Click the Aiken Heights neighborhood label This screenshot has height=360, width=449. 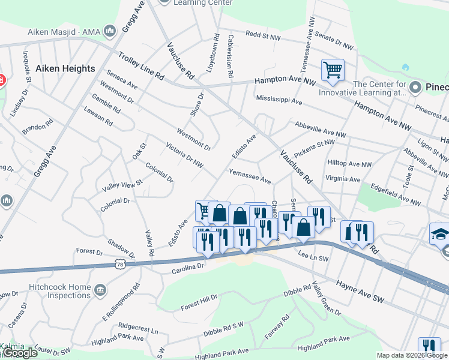65,68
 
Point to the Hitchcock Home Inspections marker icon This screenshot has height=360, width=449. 100,291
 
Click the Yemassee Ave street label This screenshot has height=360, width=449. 250,176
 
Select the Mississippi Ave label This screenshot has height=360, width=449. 279,100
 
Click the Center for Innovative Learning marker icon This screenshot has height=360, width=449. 414,89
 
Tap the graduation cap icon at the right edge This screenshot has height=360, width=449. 441,234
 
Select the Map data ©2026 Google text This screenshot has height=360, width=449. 412,355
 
